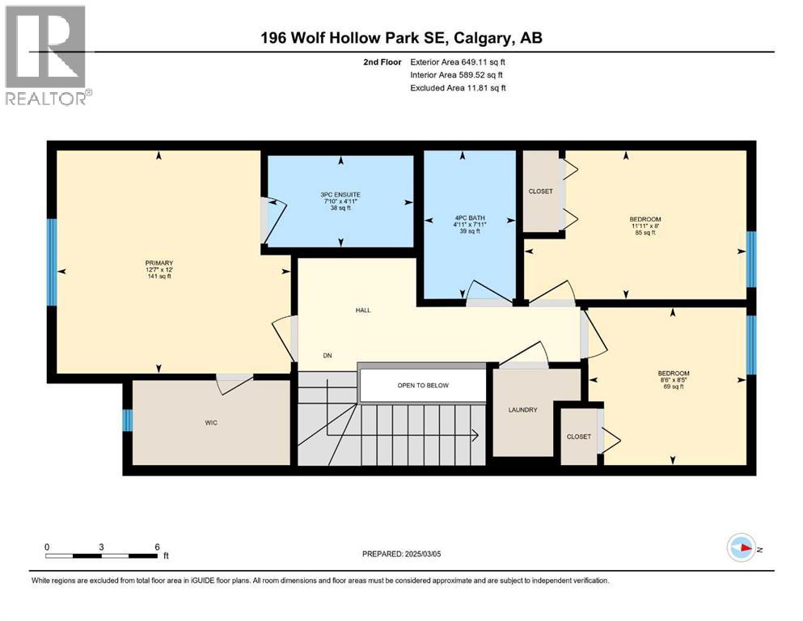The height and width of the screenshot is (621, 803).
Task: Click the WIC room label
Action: pos(211,422)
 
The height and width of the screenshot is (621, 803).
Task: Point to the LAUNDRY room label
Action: pos(522,410)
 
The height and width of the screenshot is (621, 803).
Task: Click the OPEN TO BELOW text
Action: pos(422,385)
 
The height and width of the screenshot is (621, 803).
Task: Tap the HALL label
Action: pos(362,310)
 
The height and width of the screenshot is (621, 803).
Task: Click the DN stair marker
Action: pos(328,356)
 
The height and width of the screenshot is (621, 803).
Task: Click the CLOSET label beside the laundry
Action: pos(578,437)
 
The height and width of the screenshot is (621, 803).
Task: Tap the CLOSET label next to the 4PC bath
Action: pos(540,192)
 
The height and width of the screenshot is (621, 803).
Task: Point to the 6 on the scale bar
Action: pos(158,547)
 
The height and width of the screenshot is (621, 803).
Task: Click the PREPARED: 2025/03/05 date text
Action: pos(412,554)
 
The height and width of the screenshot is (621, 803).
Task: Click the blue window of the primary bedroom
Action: pos(51,263)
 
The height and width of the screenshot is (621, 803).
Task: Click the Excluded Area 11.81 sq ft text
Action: pos(458,88)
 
